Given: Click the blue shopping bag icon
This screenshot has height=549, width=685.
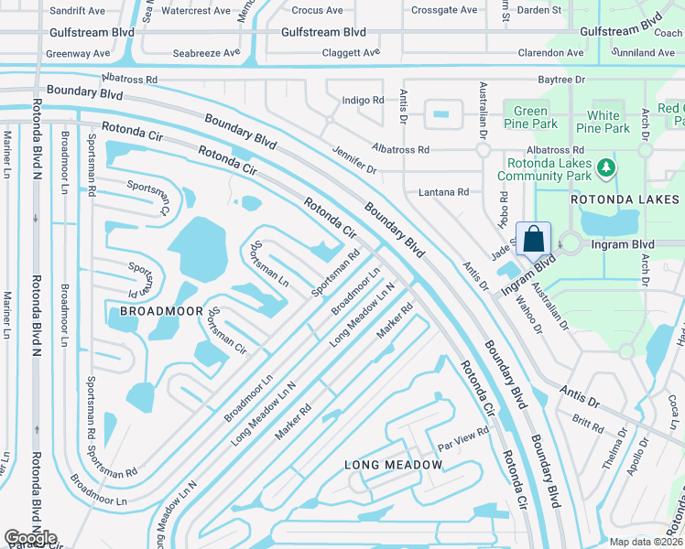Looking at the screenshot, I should [534, 239].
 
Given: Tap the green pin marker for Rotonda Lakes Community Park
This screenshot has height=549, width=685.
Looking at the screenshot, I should [604, 167].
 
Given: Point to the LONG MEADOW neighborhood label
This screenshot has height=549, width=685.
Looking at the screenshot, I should [393, 465].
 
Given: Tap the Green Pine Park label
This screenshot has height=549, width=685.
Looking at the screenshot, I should [530, 118].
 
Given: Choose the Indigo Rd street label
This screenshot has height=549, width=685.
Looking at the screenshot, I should [363, 100].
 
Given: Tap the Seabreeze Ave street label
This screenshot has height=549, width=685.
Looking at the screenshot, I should [206, 52].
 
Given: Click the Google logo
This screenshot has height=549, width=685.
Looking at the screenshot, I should [30, 538].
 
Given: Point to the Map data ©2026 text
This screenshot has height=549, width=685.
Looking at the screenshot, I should [646, 542].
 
